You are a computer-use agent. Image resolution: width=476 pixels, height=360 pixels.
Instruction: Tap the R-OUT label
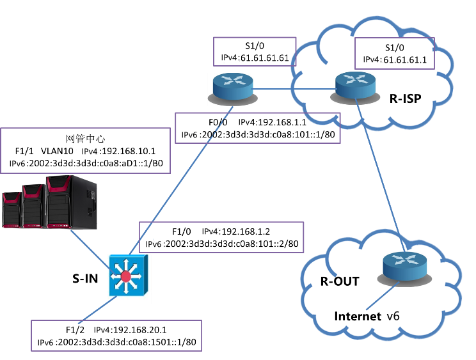click(x=340, y=282)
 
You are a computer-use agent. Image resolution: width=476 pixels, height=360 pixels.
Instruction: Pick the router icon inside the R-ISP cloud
click(x=353, y=85)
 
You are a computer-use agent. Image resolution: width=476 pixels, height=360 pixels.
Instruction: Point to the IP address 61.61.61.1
click(x=405, y=59)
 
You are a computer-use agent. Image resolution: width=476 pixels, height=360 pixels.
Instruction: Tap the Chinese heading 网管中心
click(x=85, y=139)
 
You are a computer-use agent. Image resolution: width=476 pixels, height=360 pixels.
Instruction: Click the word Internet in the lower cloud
click(x=358, y=315)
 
